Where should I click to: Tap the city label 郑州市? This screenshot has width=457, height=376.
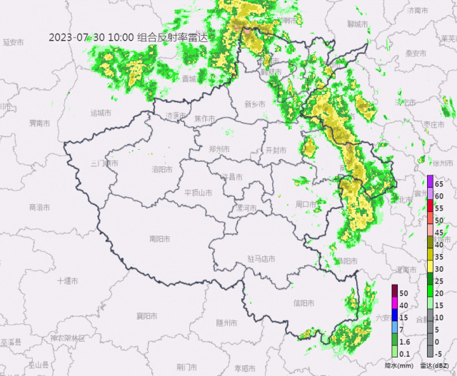pos(219,149)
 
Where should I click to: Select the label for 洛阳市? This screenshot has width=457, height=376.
pos(162,170)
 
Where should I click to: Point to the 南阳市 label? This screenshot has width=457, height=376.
pos(159,239)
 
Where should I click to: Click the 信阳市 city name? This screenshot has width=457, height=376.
pos(303,303)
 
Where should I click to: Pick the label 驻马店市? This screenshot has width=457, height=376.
pos(261,259)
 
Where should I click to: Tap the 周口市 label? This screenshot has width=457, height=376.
pos(306,205)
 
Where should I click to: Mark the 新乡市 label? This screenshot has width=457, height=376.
pos(255,104)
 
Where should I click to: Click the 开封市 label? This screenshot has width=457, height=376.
pos(275,151)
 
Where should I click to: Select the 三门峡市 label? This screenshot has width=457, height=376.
pos(105,163)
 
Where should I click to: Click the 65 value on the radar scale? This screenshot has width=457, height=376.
pos(440,184)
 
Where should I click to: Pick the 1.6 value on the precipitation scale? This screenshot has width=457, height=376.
pos(404,342)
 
